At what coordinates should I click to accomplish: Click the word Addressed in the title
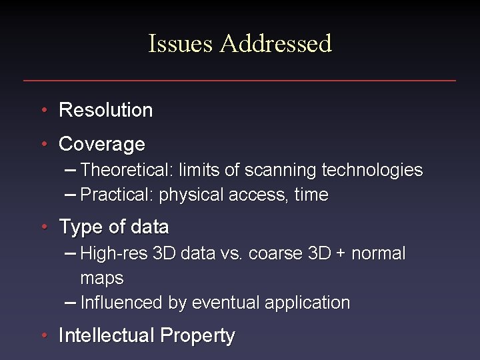pyautogui.click(x=275, y=44)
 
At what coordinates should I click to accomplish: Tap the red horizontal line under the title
pyautogui.click(x=239, y=81)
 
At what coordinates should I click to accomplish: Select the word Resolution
pyautogui.click(x=106, y=110)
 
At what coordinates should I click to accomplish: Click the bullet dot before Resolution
pyautogui.click(x=43, y=110)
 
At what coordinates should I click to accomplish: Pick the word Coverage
pyautogui.click(x=102, y=144)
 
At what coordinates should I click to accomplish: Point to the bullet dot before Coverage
pyautogui.click(x=43, y=144)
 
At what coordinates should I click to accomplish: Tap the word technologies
pyautogui.click(x=372, y=171)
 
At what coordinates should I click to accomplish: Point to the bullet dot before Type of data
pyautogui.click(x=43, y=227)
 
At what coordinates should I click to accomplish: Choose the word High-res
pyautogui.click(x=114, y=254)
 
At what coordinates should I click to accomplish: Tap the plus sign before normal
pyautogui.click(x=340, y=254)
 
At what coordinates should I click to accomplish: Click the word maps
pyautogui.click(x=102, y=278)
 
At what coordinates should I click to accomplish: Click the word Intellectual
pyautogui.click(x=106, y=336)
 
